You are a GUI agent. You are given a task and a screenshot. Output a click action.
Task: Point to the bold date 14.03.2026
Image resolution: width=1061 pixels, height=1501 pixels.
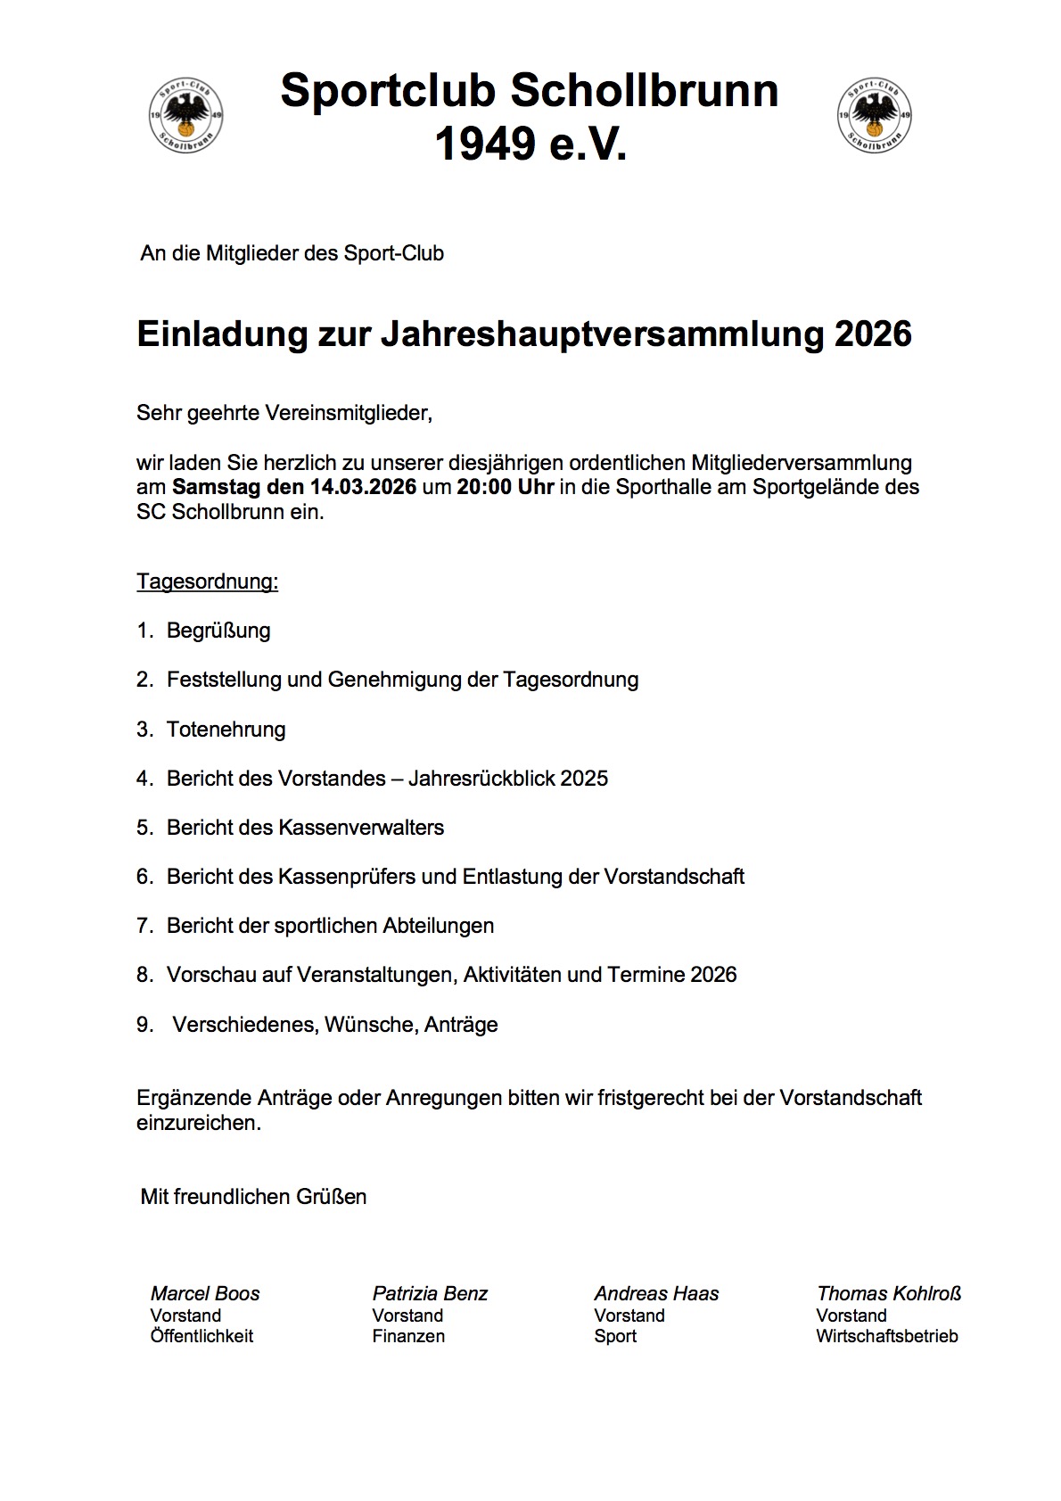pyautogui.click(x=363, y=488)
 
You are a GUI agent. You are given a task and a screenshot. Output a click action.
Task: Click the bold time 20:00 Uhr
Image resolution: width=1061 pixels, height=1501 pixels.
pyautogui.click(x=506, y=488)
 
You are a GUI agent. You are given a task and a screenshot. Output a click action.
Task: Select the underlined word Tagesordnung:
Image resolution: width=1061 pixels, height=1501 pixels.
pyautogui.click(x=207, y=581)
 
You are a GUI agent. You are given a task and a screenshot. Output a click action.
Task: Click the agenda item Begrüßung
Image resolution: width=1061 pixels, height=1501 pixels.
pyautogui.click(x=218, y=631)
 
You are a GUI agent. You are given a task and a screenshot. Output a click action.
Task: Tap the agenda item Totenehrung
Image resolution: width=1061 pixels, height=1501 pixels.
pyautogui.click(x=226, y=730)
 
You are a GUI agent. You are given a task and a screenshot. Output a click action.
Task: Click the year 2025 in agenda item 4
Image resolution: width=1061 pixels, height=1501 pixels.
pyautogui.click(x=584, y=779)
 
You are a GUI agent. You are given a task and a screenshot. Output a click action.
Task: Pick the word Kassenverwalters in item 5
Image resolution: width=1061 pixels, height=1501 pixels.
pyautogui.click(x=361, y=828)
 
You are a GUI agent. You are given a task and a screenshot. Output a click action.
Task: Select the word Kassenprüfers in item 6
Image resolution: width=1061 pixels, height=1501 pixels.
pyautogui.click(x=347, y=877)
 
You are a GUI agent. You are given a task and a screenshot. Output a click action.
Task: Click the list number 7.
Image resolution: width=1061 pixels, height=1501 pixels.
pyautogui.click(x=144, y=926)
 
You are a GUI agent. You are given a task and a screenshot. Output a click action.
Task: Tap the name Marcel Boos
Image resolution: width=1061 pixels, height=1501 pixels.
pyautogui.click(x=205, y=1293)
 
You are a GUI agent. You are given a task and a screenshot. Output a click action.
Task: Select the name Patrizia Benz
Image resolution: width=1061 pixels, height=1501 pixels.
pyautogui.click(x=430, y=1293)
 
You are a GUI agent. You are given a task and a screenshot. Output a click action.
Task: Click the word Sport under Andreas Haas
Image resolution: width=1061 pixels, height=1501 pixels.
pyautogui.click(x=615, y=1336)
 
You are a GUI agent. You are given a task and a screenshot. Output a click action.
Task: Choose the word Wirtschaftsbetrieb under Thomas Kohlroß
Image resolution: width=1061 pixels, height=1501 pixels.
pyautogui.click(x=886, y=1336)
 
